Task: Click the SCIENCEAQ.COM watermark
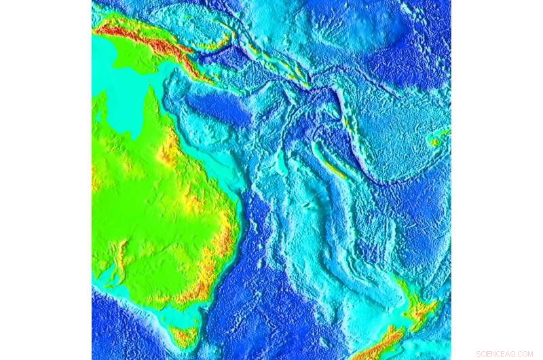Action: tap(504, 354)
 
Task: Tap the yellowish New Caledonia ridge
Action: tap(333, 166)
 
